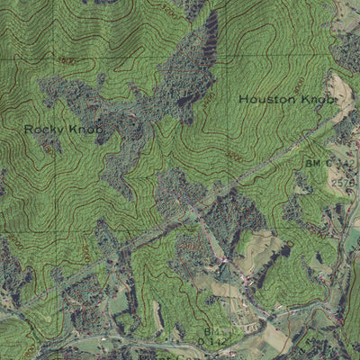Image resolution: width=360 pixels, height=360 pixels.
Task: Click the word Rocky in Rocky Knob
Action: pos(40,129)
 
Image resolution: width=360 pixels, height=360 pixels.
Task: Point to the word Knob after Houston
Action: pos(317,99)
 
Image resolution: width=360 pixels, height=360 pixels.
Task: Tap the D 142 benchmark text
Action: pos(211,341)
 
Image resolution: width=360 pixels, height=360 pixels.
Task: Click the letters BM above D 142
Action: pos(210,331)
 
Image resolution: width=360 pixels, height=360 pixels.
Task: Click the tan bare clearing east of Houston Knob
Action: pos(341,90)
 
